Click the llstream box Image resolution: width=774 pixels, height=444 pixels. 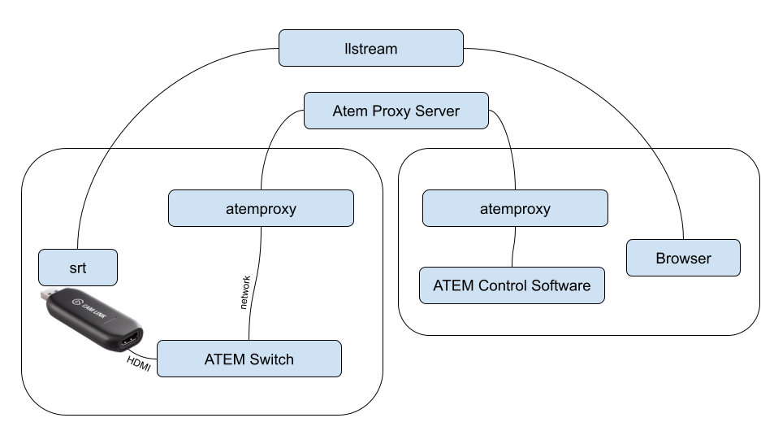[371, 49]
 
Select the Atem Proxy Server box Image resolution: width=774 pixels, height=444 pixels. [396, 111]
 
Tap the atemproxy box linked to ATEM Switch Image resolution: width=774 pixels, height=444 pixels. [261, 209]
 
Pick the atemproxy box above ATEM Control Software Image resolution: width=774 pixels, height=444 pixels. [514, 209]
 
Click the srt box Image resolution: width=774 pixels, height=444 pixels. [78, 268]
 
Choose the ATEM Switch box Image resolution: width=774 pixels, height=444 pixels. [249, 359]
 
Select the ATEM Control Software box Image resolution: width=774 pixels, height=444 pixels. [512, 285]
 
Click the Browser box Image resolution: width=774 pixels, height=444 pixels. [683, 259]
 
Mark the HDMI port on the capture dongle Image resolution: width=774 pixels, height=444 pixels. [132, 340]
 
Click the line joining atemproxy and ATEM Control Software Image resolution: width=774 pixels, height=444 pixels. [514, 246]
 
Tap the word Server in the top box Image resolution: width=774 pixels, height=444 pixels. [438, 111]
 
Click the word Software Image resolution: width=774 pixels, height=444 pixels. [560, 285]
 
